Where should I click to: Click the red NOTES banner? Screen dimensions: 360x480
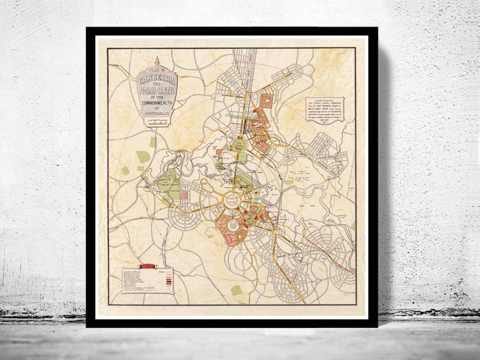147,266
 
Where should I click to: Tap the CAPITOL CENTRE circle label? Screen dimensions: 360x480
232,200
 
